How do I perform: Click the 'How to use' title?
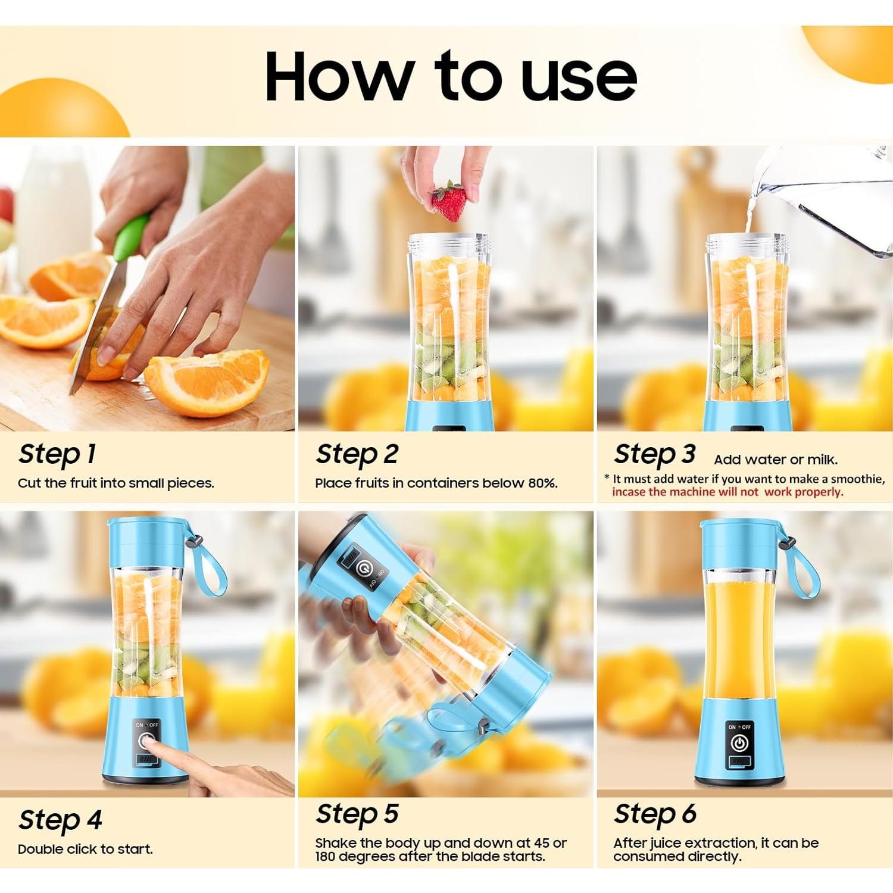(x=451, y=76)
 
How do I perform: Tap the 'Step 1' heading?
(x=57, y=454)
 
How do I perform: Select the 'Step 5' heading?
(x=357, y=814)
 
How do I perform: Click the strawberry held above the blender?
(x=449, y=201)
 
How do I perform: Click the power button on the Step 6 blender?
(x=739, y=743)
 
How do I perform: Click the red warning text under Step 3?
(x=727, y=492)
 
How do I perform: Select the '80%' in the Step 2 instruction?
(x=542, y=483)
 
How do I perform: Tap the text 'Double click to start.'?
(x=85, y=850)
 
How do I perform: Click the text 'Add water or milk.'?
(x=776, y=460)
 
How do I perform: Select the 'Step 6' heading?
(x=655, y=814)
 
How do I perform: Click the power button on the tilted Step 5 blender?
(x=361, y=568)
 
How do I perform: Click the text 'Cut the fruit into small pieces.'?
(x=116, y=483)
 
